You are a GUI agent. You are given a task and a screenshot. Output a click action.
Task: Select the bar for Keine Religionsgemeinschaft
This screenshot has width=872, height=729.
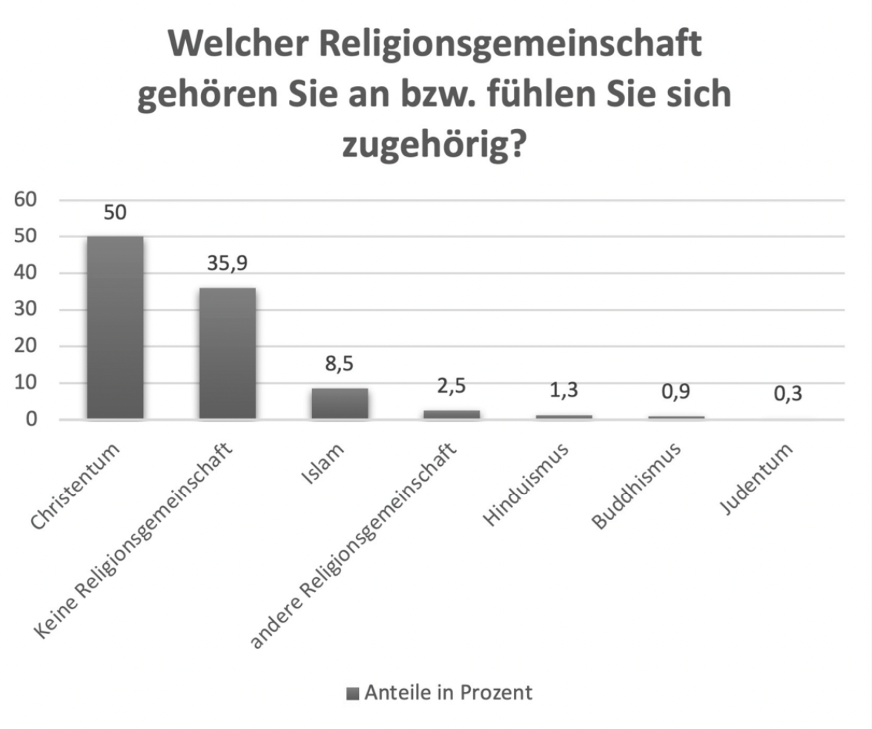227,353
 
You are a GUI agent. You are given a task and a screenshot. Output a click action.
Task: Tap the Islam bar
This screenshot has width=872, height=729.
339,404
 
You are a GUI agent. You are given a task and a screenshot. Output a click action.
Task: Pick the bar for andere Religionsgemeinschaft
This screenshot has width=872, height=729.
452,415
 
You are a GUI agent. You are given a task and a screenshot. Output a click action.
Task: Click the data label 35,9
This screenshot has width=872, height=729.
227,264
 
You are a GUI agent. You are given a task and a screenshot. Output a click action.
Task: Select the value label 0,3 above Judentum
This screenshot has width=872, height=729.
788,394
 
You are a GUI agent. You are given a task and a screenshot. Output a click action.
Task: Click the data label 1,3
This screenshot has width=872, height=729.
564,390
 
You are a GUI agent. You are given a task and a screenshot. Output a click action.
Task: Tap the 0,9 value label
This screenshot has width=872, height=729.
676,393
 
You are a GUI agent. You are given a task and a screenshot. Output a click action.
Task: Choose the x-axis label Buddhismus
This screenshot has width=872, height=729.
638,485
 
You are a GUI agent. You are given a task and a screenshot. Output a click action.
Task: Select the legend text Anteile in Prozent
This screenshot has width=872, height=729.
448,693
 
